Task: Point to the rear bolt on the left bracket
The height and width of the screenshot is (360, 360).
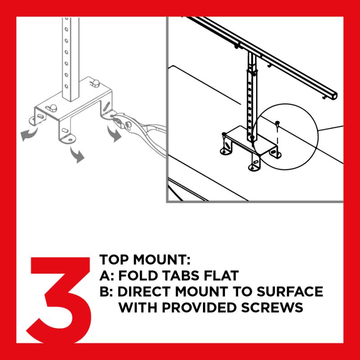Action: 96,82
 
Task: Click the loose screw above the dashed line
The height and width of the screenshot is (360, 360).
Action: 278,122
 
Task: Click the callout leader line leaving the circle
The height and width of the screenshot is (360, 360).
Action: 331,128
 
